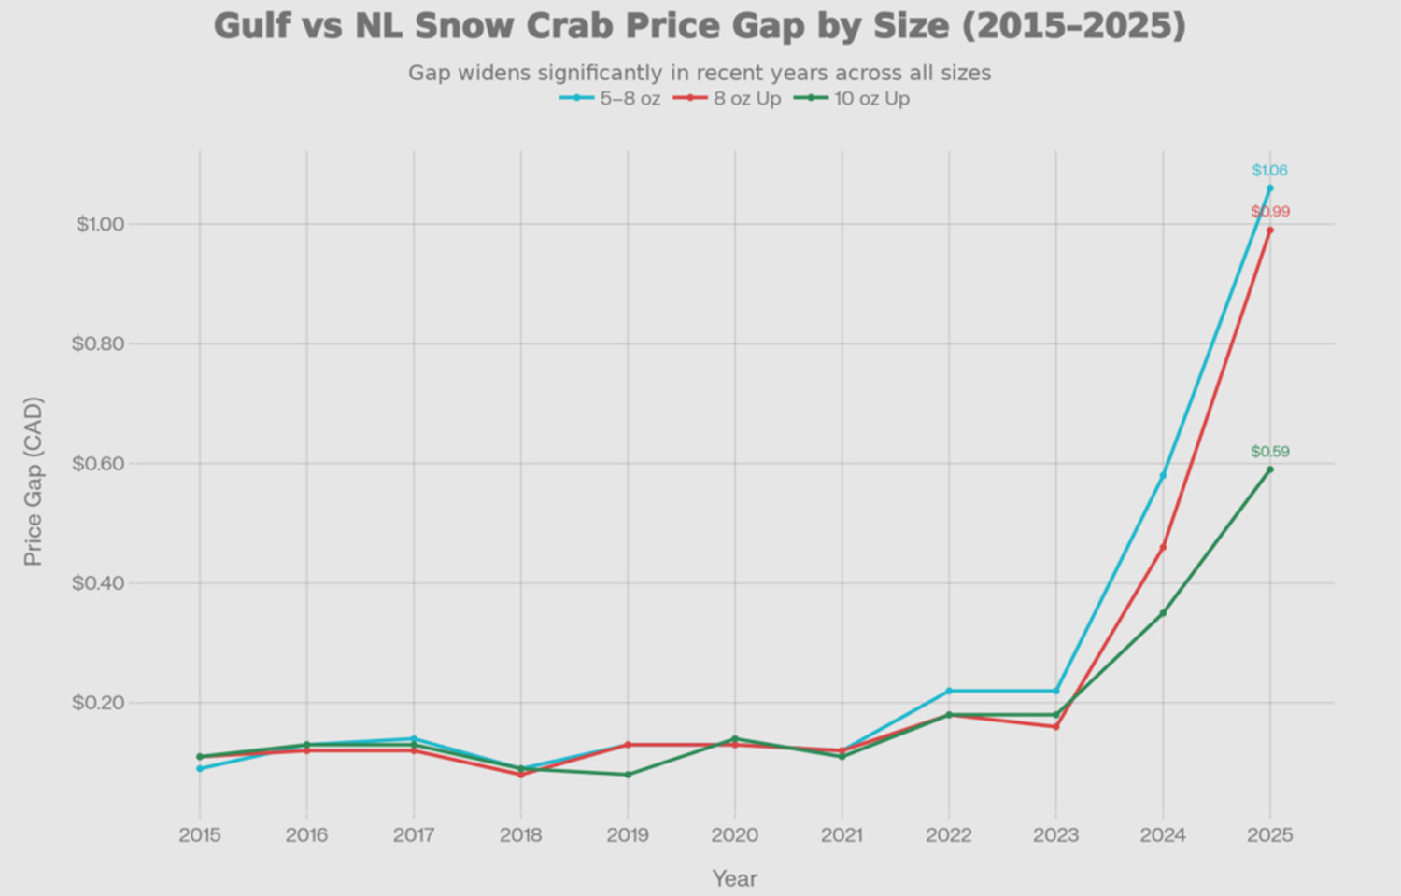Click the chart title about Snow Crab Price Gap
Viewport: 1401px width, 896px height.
[700, 26]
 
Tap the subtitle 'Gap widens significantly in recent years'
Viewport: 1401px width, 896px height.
[700, 73]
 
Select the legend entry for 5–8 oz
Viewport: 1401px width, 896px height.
[612, 99]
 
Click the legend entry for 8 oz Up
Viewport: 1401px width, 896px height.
[728, 99]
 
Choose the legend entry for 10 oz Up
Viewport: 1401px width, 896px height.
[852, 99]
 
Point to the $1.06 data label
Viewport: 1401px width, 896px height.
[1269, 171]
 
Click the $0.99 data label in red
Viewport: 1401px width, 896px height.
[1270, 212]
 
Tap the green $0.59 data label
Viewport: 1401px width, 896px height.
[1270, 452]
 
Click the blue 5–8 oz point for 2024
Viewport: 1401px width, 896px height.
[1163, 475]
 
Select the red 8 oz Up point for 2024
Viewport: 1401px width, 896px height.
[1163, 547]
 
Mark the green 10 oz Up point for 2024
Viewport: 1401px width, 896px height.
[1163, 613]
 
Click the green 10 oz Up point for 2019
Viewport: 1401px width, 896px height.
[628, 775]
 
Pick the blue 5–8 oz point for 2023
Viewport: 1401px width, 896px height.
[1056, 691]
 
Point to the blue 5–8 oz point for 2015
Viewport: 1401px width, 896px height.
[200, 768]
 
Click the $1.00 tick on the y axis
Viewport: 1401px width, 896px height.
[99, 224]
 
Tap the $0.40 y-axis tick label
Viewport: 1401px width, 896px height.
[99, 583]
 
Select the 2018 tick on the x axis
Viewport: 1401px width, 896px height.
[521, 835]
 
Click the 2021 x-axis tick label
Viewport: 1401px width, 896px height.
[842, 835]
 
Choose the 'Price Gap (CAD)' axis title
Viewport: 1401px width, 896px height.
[34, 482]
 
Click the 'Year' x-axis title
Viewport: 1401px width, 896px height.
[734, 878]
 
